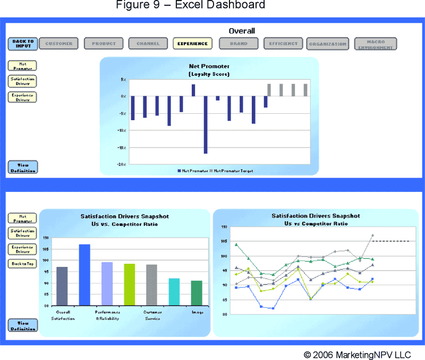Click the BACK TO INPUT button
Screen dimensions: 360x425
(23, 44)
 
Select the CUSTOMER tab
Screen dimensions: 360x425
(59, 44)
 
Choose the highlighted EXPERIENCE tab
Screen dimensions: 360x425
(192, 44)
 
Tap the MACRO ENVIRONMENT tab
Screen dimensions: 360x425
(375, 44)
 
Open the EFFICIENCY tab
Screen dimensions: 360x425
(283, 44)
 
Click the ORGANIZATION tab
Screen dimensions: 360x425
(327, 44)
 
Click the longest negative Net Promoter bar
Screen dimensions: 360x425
(206, 124)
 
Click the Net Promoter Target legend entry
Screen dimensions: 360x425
(233, 171)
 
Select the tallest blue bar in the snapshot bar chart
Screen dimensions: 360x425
(84, 275)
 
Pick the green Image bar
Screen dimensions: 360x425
(197, 293)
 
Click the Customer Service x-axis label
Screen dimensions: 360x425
(152, 315)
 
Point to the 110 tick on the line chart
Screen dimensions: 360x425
(223, 227)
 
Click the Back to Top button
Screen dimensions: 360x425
(23, 264)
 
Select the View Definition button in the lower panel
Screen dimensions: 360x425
(23, 325)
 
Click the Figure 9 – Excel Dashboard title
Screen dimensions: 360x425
(190, 5)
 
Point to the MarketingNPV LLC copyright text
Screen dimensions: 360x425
(357, 354)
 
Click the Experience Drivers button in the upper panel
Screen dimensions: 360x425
(23, 97)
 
